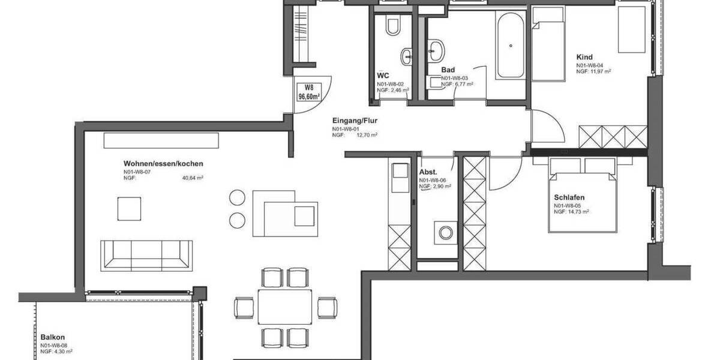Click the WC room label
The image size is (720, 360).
click(x=382, y=75)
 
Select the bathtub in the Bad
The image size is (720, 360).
click(x=511, y=44)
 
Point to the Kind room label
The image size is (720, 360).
click(x=584, y=57)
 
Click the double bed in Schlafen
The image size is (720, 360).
click(x=581, y=195)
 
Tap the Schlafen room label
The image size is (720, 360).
click(x=569, y=197)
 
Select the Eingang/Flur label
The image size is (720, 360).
click(x=354, y=120)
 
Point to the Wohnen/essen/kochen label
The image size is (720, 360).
click(x=163, y=163)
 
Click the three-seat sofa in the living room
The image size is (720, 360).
click(x=146, y=254)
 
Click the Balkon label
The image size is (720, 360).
click(x=53, y=337)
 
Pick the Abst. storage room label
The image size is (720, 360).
click(x=428, y=171)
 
